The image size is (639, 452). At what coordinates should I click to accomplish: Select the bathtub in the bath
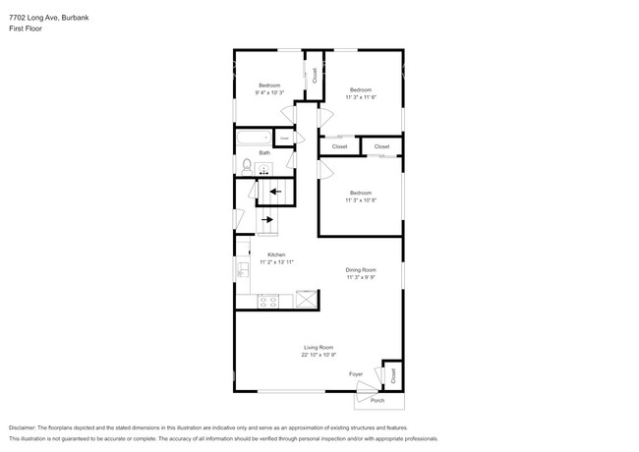click(x=254, y=138)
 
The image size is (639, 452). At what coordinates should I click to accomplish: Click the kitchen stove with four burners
click(x=265, y=302)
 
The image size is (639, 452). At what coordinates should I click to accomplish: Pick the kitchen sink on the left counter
click(x=241, y=267)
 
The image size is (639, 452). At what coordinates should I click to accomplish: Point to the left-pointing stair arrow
click(x=274, y=192)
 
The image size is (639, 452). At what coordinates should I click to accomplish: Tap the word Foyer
click(x=356, y=374)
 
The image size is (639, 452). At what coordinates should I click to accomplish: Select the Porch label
click(x=378, y=400)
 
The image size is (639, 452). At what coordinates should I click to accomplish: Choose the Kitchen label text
click(x=276, y=255)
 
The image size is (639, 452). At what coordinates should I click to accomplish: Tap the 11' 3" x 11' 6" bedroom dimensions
click(x=361, y=97)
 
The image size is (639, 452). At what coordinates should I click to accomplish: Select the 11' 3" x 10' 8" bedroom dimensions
click(x=360, y=199)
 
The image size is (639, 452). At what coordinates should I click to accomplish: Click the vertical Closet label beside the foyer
click(x=393, y=374)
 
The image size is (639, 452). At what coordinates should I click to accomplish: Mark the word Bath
click(x=264, y=153)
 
